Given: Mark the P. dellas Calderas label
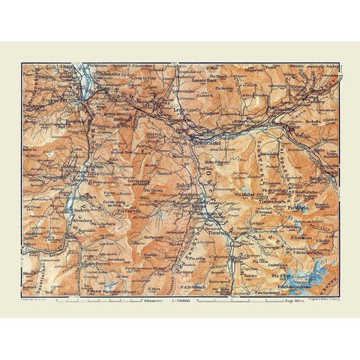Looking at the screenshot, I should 295,285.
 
